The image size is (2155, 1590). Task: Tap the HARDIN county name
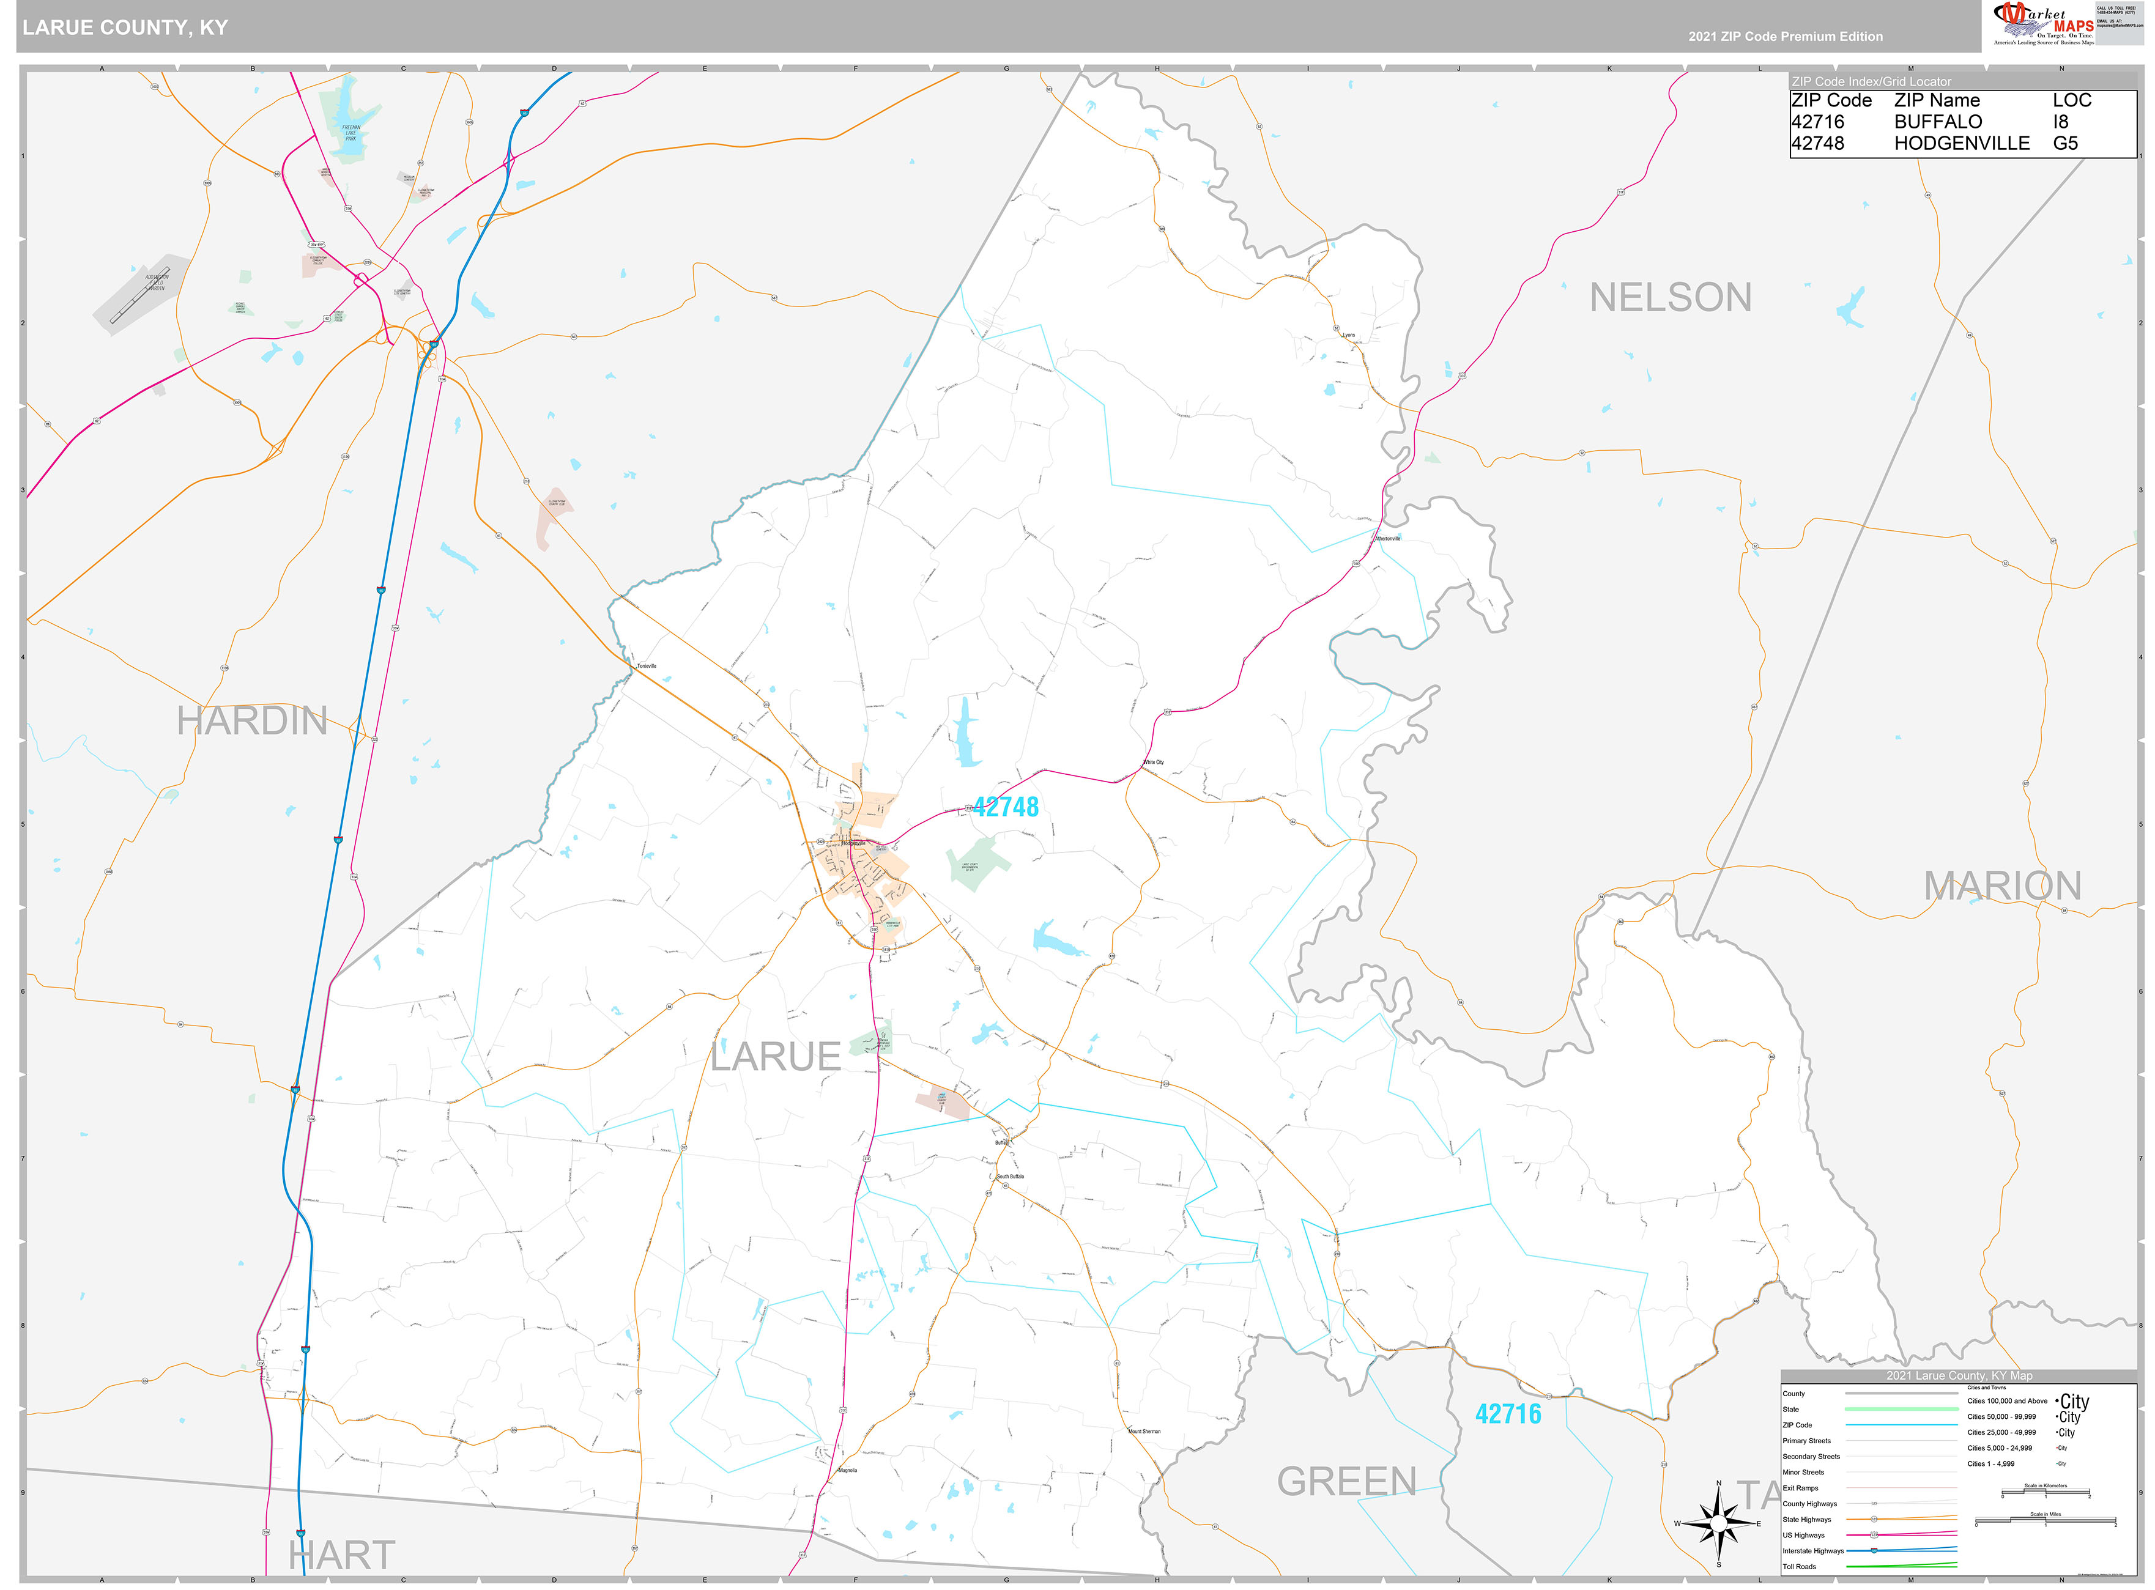click(x=252, y=722)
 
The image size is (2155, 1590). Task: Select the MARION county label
click(x=2002, y=887)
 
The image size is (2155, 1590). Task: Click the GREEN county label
click(x=1346, y=1482)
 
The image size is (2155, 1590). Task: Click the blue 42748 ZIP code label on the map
click(x=1006, y=807)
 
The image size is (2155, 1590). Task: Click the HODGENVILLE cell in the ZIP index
click(x=1962, y=144)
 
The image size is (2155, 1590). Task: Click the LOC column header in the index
click(x=2071, y=100)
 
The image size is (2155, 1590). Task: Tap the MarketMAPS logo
click(x=2041, y=24)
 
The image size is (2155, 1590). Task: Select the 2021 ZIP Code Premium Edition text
click(x=1786, y=37)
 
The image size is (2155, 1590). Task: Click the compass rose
click(x=1718, y=1523)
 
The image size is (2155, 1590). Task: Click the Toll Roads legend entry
click(x=1799, y=1567)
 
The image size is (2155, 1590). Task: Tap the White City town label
click(x=1153, y=762)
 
